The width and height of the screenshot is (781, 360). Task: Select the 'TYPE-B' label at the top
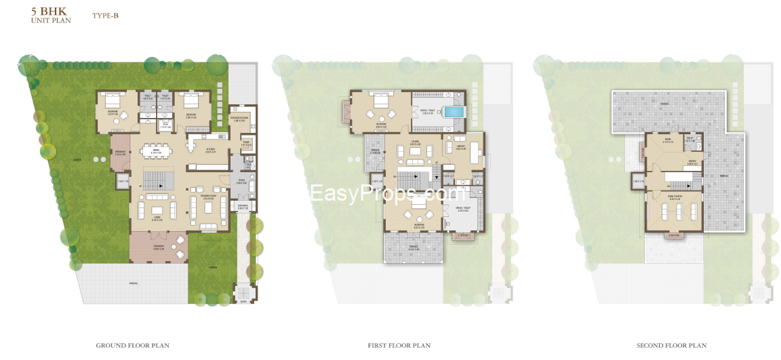tap(105, 15)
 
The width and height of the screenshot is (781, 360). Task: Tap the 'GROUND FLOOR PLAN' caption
tap(132, 346)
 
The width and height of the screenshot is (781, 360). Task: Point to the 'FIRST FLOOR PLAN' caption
tap(399, 346)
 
